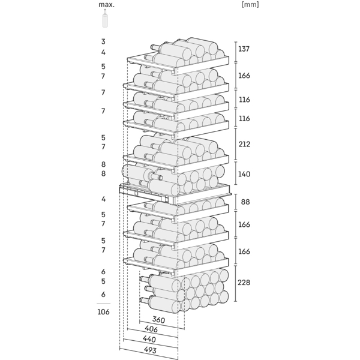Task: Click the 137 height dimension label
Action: pos(244,49)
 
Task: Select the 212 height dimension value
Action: pos(244,144)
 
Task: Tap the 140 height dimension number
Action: pos(244,174)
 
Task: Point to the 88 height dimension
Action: pos(245,202)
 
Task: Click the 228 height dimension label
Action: pos(244,283)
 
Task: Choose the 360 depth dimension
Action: pos(158,320)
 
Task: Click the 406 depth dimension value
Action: pos(151,329)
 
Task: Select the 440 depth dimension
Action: pos(149,339)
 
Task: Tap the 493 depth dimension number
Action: pos(150,350)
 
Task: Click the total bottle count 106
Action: pos(103,312)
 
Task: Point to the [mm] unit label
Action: pos(250,4)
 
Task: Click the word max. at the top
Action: pos(107,5)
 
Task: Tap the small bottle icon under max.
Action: pos(105,19)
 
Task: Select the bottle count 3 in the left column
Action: pos(103,41)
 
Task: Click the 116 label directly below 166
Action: pos(244,100)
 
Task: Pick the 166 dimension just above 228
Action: pos(244,251)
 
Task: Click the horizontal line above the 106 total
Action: pos(103,304)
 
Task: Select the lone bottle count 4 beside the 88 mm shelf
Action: pos(104,199)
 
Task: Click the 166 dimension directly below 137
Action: pos(244,76)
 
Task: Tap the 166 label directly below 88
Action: pos(244,224)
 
